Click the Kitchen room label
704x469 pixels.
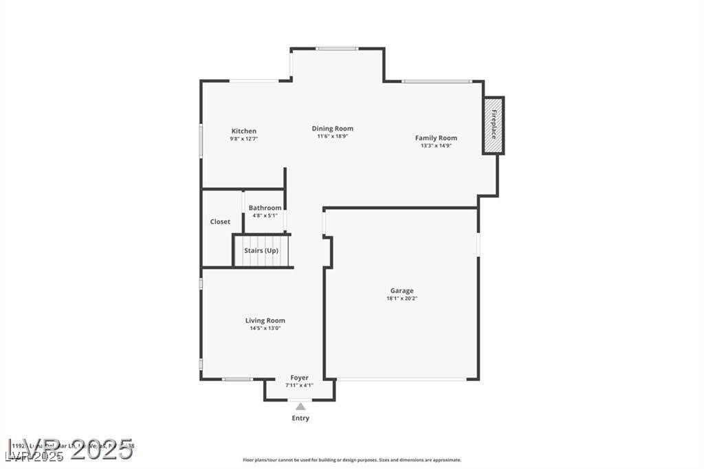(243, 131)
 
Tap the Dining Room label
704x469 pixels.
(333, 129)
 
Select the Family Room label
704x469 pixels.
(436, 138)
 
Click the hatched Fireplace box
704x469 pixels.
(493, 126)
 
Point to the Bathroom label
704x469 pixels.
(265, 208)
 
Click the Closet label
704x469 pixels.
(220, 221)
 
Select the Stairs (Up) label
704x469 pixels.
(261, 250)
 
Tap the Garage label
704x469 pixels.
(402, 291)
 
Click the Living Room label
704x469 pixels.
(265, 320)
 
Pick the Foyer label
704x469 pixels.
(299, 378)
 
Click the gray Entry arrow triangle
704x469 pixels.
(300, 406)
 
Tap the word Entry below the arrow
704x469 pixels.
(300, 418)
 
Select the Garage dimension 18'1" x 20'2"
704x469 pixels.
(402, 298)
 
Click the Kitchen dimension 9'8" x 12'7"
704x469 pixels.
(243, 138)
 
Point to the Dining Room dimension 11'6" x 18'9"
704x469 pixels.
(333, 136)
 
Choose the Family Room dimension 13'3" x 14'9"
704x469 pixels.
(436, 146)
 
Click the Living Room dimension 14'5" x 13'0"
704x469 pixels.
(265, 328)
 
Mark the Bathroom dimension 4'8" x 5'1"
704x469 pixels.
(265, 215)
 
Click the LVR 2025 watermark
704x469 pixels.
(69, 448)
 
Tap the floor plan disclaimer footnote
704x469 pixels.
(351, 460)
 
